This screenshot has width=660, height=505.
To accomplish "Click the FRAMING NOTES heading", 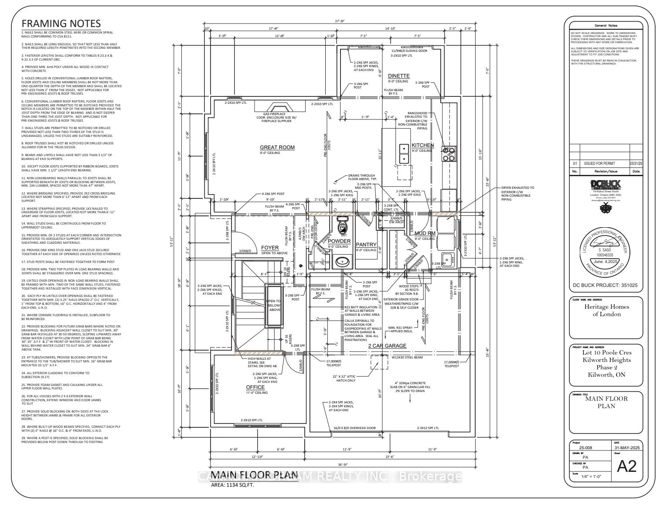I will click(x=61, y=24).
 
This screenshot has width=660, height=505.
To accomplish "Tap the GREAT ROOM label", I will click(x=277, y=147).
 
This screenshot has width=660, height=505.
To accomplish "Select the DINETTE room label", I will click(x=398, y=76).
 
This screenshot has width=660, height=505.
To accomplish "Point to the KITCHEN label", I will click(x=422, y=145).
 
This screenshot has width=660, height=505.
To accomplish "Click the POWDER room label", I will click(x=339, y=241).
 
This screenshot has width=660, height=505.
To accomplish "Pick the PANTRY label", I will click(x=366, y=245).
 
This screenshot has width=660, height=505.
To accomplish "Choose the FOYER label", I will click(x=270, y=248).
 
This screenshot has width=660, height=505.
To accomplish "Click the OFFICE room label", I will click(x=255, y=387).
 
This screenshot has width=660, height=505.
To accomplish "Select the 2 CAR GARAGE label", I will click(x=387, y=346).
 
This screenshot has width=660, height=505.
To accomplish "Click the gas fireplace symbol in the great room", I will click(x=274, y=108).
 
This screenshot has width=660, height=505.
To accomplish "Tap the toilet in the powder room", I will click(x=343, y=225).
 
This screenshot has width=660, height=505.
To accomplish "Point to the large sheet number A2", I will click(x=627, y=466).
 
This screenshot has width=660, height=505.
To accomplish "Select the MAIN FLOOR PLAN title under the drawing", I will click(x=255, y=475).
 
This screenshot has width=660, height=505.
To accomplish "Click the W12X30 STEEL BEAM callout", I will click(x=407, y=358).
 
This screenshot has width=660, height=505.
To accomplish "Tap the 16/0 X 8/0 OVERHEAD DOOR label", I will click(x=354, y=428).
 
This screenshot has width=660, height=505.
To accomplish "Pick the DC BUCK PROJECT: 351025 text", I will click(x=605, y=286).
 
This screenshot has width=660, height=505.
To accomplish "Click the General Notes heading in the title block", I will click(x=606, y=26).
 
